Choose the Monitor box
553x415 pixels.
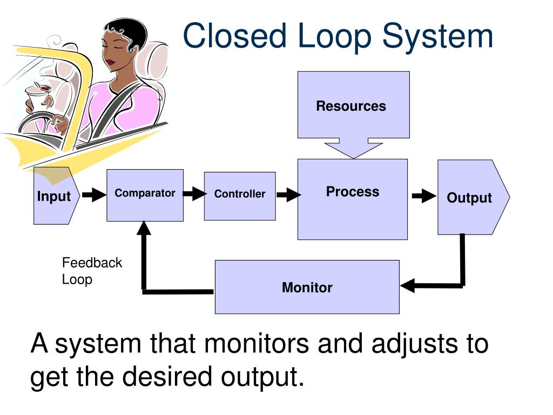click(x=307, y=287)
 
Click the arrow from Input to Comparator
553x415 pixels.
click(x=95, y=195)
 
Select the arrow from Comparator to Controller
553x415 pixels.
click(x=194, y=194)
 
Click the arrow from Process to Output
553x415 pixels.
click(x=423, y=196)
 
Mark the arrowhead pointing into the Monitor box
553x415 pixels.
click(x=406, y=285)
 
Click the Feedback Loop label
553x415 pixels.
click(x=91, y=271)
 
